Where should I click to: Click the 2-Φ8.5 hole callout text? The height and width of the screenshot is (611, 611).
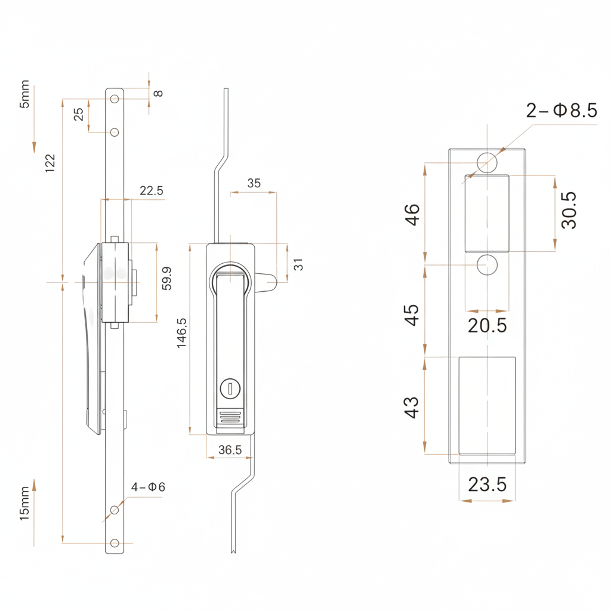pyautogui.click(x=561, y=110)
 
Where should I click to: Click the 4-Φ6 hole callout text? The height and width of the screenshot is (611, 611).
pyautogui.click(x=148, y=487)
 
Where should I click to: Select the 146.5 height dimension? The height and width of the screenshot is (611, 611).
pyautogui.click(x=182, y=332)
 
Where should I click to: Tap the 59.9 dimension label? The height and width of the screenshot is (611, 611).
pyautogui.click(x=167, y=279)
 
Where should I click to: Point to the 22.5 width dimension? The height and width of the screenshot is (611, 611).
pyautogui.click(x=151, y=191)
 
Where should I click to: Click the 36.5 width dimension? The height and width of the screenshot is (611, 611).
pyautogui.click(x=230, y=450)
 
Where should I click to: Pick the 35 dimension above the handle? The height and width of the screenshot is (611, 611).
pyautogui.click(x=254, y=183)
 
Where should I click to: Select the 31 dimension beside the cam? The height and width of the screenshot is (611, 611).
pyautogui.click(x=299, y=263)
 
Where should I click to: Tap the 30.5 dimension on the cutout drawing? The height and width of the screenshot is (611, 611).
pyautogui.click(x=569, y=209)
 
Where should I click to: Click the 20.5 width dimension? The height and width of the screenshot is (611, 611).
pyautogui.click(x=487, y=326)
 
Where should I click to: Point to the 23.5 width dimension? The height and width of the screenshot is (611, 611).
pyautogui.click(x=487, y=485)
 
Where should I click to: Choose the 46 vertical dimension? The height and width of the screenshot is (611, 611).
pyautogui.click(x=412, y=214)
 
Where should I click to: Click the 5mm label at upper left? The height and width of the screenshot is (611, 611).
pyautogui.click(x=24, y=94)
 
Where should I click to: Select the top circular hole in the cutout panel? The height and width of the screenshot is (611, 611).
pyautogui.click(x=487, y=162)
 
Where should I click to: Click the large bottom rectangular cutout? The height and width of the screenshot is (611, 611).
pyautogui.click(x=487, y=406)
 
